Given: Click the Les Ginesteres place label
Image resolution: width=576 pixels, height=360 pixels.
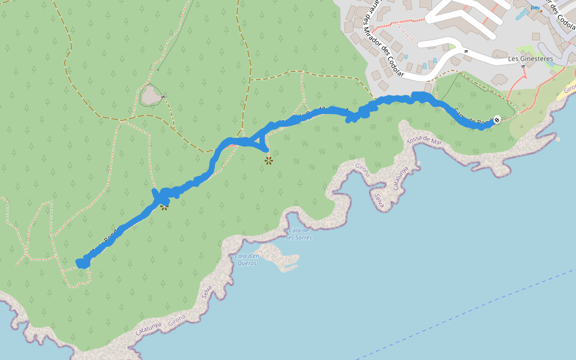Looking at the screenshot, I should pyautogui.click(x=530, y=59).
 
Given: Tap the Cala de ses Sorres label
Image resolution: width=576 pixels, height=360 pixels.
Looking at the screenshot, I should pyautogui.click(x=298, y=234).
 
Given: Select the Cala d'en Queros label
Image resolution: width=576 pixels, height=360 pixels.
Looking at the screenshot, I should pyautogui.click(x=247, y=259).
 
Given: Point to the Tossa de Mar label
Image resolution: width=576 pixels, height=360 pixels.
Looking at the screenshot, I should pyautogui.click(x=424, y=141).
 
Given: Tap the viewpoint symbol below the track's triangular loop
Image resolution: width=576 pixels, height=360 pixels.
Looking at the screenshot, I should pyautogui.click(x=268, y=161).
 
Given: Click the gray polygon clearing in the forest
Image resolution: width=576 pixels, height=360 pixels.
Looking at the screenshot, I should pyautogui.click(x=151, y=95).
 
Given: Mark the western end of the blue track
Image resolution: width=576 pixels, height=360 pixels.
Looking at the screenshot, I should pyautogui.click(x=80, y=263).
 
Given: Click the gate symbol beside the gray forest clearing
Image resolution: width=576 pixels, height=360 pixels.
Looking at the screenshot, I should pyautogui.click(x=163, y=98).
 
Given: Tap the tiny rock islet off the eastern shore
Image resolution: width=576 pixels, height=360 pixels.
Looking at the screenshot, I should pyautogui.click(x=557, y=139).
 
